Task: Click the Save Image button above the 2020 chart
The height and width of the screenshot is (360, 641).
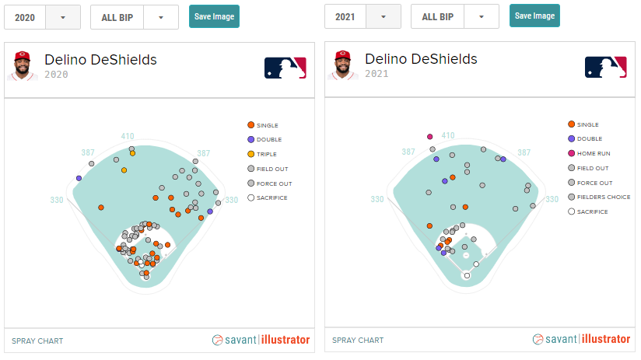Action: [x=214, y=16]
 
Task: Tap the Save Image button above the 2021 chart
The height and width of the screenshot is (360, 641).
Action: [x=534, y=16]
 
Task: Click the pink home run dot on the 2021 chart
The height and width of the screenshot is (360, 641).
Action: [x=429, y=137]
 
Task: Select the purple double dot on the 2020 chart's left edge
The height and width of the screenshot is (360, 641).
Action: [x=79, y=178]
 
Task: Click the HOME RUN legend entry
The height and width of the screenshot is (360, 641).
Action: [x=593, y=153]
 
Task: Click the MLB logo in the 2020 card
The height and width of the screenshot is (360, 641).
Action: [x=285, y=68]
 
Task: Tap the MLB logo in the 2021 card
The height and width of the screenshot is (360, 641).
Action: [x=605, y=68]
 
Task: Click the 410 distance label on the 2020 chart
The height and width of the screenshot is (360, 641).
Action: [x=128, y=136]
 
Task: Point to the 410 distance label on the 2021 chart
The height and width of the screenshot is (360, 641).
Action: [x=448, y=135]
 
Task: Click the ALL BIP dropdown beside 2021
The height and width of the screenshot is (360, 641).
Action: [x=454, y=16]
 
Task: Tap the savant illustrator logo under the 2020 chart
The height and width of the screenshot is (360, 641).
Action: [x=261, y=340]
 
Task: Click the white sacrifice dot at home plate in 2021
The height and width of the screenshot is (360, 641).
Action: [x=467, y=275]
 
